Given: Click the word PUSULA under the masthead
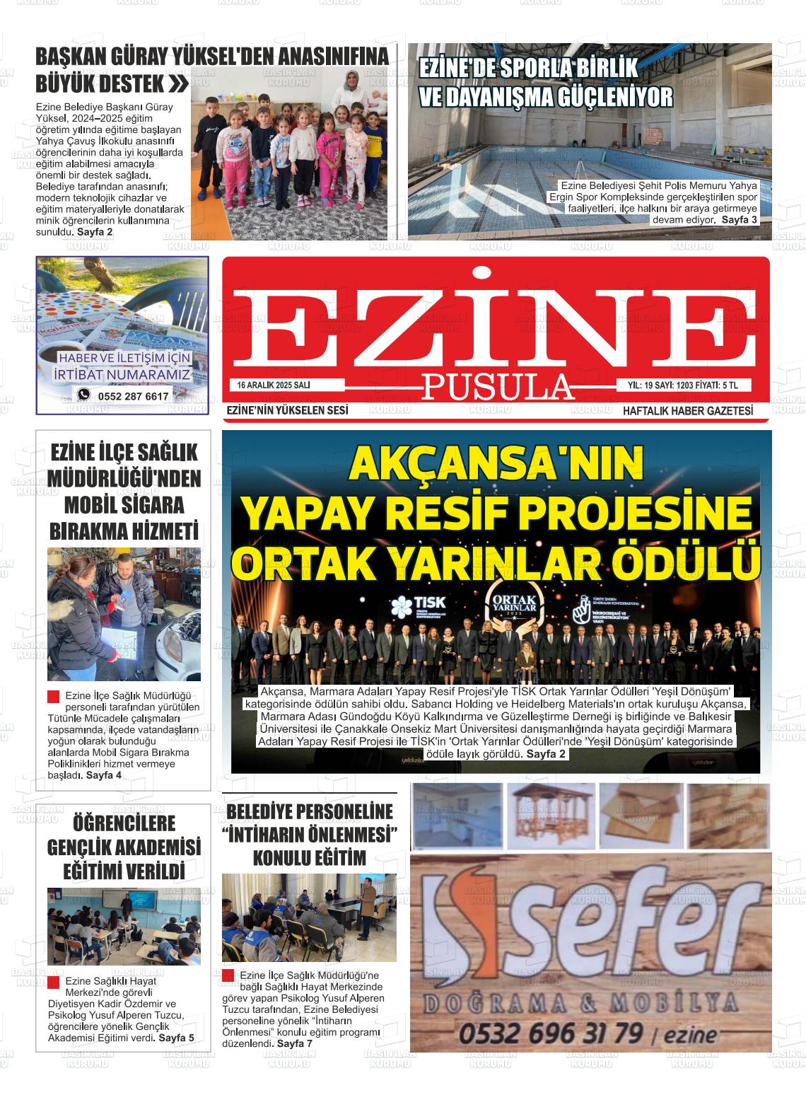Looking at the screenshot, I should (496, 386).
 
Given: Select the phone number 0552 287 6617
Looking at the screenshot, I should (134, 397).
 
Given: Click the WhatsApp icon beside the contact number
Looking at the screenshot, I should (84, 395).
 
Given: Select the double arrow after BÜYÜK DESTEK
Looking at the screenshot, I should (180, 85).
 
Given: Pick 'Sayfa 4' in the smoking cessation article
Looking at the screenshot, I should (104, 775).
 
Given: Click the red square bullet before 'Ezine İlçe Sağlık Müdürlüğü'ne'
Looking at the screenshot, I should (228, 975).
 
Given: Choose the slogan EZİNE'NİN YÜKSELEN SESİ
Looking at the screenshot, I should (287, 411).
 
